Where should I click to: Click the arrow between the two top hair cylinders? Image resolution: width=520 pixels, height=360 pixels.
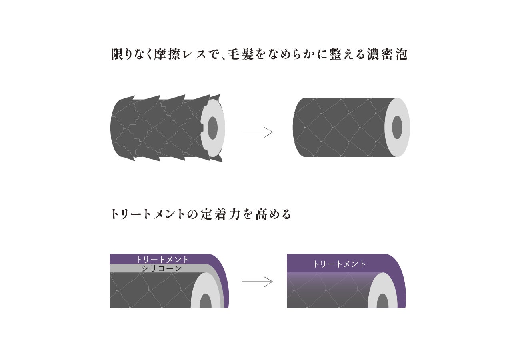coord(257,132)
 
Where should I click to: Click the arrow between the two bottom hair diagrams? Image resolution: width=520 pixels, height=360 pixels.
coord(257,282)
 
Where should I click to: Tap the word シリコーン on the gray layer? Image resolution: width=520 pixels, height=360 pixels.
coord(162,268)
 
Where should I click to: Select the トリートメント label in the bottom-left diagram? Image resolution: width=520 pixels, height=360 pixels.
coord(162,259)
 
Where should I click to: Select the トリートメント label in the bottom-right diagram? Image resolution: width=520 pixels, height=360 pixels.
coord(339,264)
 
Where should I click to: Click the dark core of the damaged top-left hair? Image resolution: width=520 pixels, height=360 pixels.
coord(213,128)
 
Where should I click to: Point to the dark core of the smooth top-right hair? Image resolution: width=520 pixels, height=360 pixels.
coord(397,127)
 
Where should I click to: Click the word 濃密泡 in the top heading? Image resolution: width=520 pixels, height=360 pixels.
coord(387,55)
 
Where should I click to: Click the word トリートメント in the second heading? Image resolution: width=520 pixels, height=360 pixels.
coord(148,214)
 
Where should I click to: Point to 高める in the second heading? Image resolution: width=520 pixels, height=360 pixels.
coord(273,214)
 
